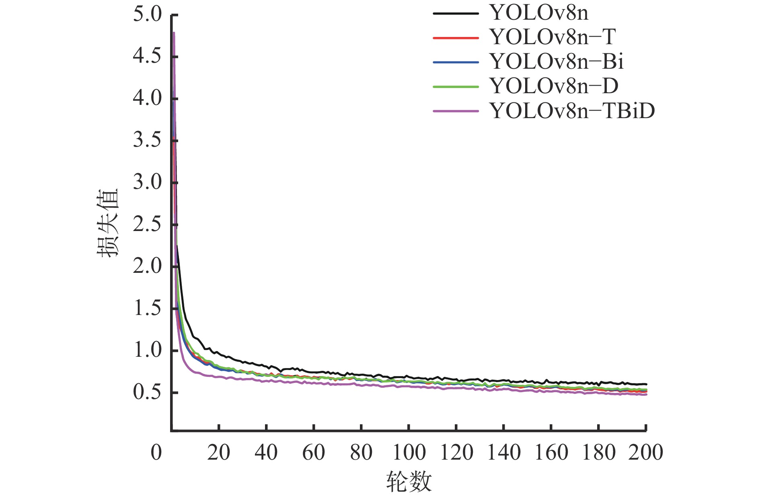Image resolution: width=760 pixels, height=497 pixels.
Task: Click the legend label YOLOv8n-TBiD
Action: click(572, 110)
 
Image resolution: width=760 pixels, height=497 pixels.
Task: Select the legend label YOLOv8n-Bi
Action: click(557, 61)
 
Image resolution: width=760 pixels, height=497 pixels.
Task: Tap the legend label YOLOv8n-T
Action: click(553, 37)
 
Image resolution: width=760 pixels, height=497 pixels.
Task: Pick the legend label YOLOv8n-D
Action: click(554, 86)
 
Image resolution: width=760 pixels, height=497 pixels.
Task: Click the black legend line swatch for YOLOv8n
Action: click(456, 13)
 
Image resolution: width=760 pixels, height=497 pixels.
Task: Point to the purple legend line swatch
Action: click(456, 111)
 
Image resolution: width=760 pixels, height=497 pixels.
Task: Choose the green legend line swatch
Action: click(456, 86)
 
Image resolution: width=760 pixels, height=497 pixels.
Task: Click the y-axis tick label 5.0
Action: click(147, 14)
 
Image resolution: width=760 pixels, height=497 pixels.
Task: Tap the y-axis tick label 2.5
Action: click(147, 224)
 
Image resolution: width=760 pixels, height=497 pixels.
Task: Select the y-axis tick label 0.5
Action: click(147, 392)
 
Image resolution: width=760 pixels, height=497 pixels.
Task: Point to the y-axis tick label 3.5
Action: click(147, 140)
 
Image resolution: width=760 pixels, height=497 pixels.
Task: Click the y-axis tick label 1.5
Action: click(147, 308)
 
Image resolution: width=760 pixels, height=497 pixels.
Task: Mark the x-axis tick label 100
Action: click(409, 452)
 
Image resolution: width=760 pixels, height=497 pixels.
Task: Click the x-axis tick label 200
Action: click(645, 452)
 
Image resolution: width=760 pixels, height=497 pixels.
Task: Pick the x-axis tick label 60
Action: click(314, 452)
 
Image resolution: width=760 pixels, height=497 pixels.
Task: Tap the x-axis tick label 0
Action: click(156, 452)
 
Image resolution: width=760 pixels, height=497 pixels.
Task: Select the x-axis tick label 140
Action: click(503, 452)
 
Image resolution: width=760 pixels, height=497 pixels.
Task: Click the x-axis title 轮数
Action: click(409, 481)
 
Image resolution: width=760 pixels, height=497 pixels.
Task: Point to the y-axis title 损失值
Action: click(108, 223)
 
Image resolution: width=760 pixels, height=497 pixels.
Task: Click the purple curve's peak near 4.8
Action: click(174, 33)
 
